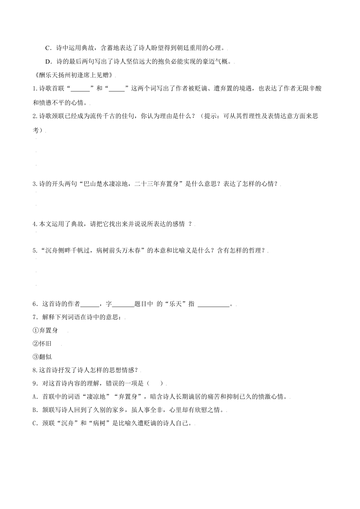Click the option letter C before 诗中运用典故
tap(48, 48)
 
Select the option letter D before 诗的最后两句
tap(48, 61)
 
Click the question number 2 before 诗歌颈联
tap(35, 116)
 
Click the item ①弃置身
tap(45, 330)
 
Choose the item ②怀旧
tap(42, 343)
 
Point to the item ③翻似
tap(42, 357)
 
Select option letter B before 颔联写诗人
tap(35, 410)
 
